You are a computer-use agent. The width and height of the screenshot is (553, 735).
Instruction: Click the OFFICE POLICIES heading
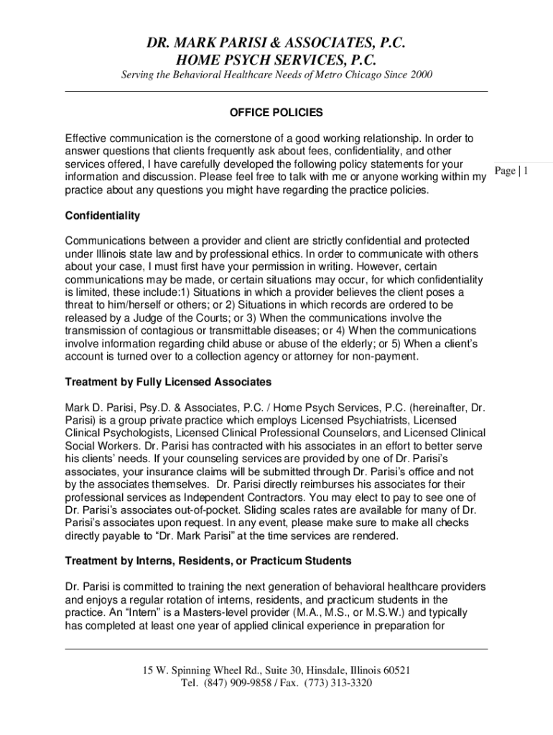(276, 113)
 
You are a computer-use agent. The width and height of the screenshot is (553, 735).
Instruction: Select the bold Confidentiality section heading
(103, 215)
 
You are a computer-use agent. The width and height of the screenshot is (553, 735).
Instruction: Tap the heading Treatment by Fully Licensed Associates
(168, 381)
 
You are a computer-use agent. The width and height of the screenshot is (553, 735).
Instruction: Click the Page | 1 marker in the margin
(512, 171)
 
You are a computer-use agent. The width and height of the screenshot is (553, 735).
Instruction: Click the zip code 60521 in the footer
(394, 670)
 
